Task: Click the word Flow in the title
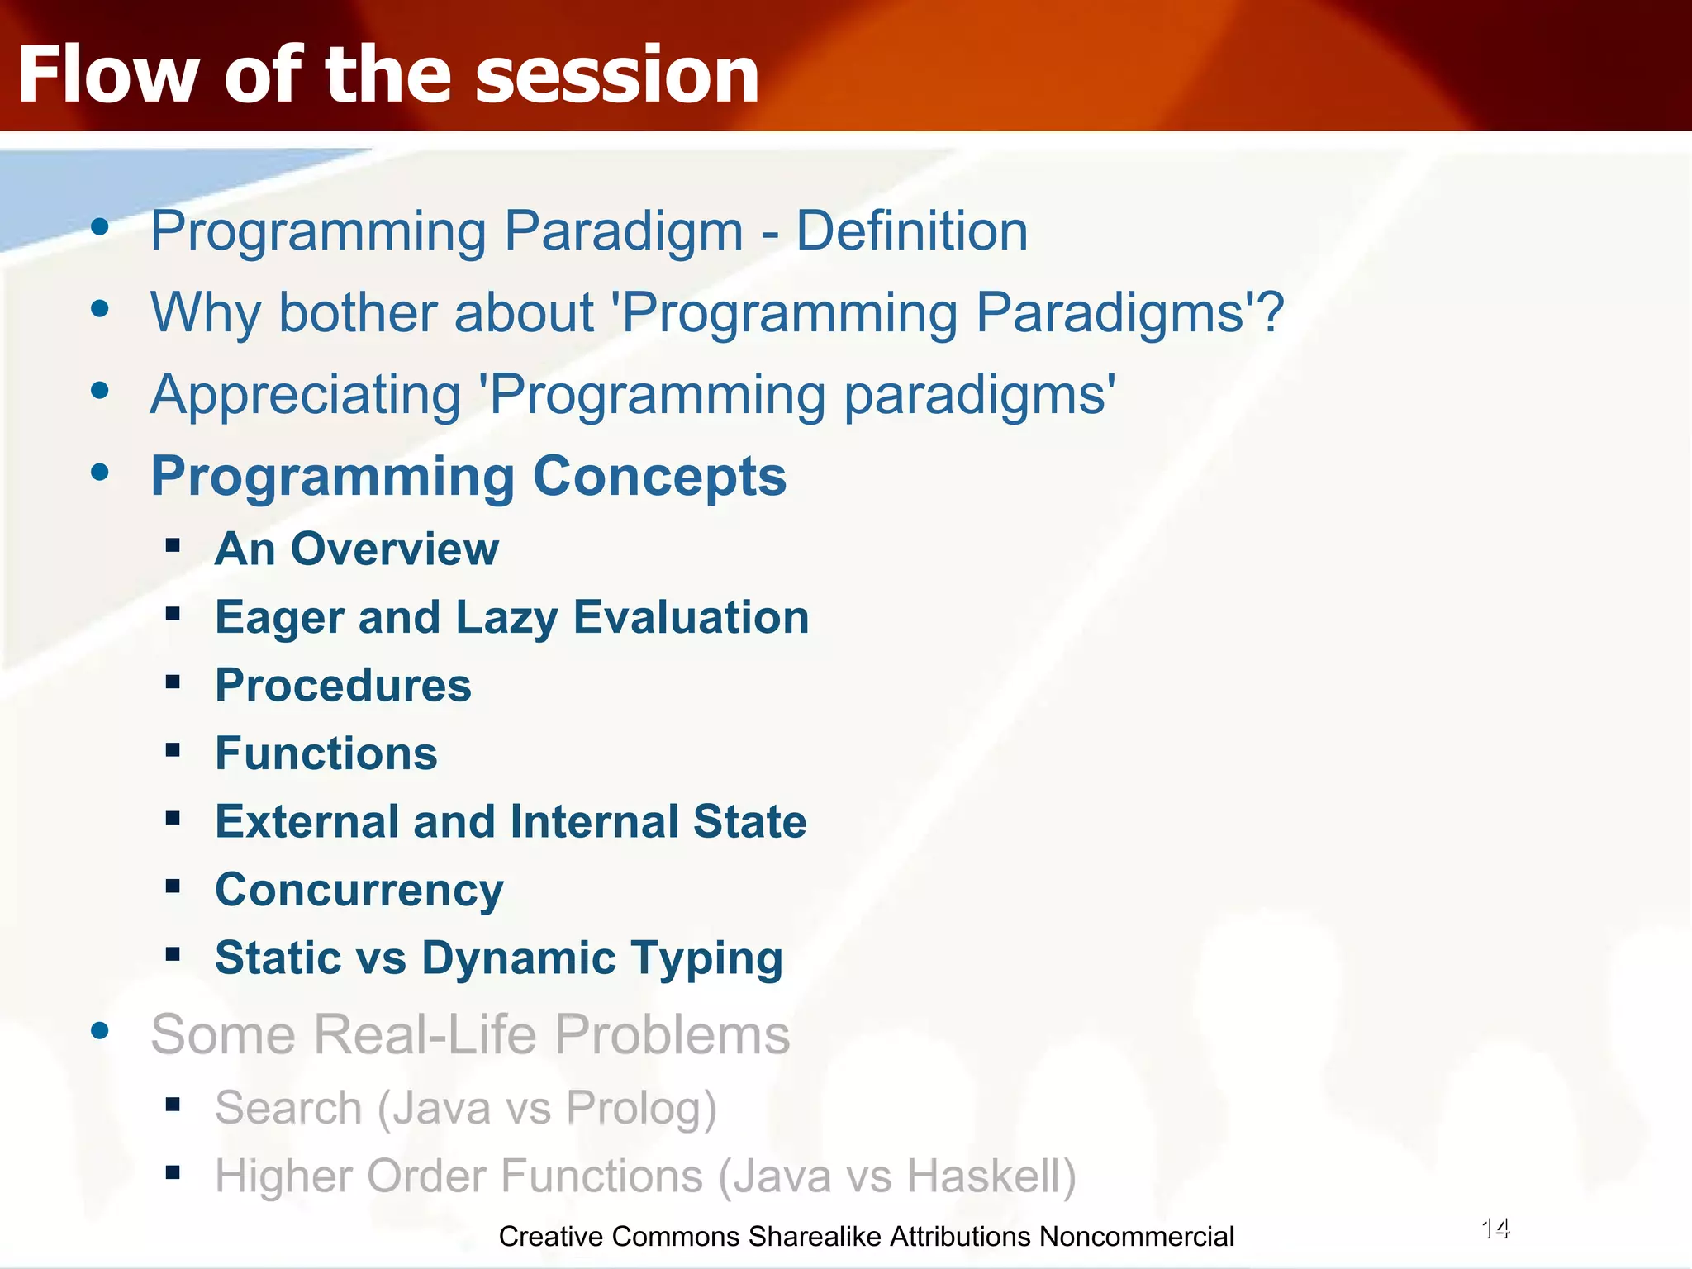(107, 76)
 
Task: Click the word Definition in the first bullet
(911, 231)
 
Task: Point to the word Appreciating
(305, 395)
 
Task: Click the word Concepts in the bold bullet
(659, 477)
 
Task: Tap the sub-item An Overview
(356, 549)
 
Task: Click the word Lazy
(506, 618)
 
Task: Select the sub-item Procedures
(343, 686)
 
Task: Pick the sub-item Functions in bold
(326, 753)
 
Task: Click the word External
(307, 822)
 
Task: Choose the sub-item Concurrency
(359, 891)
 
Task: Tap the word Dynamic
(519, 958)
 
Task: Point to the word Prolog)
(641, 1108)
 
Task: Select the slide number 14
(1495, 1229)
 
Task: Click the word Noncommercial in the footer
(1136, 1237)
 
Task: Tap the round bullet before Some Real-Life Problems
(100, 1030)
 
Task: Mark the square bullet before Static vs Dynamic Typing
(173, 955)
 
